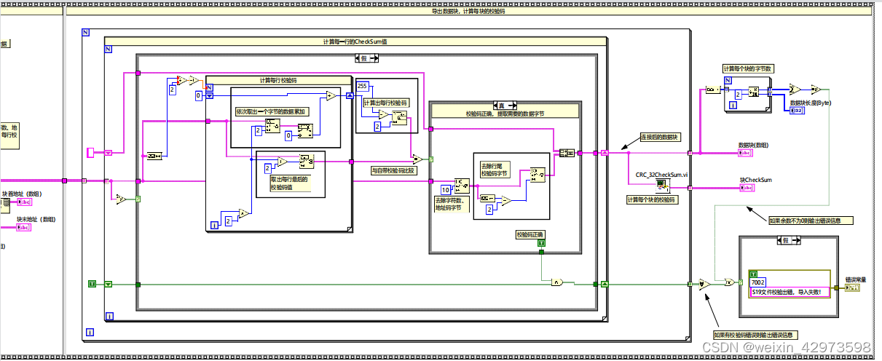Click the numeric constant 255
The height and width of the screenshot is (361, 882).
pos(363,87)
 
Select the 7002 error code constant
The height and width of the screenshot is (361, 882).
pos(758,281)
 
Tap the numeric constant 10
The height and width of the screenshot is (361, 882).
pos(445,190)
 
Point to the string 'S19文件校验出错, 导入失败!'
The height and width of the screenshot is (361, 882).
pos(790,291)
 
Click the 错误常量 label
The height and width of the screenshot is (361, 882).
pos(857,279)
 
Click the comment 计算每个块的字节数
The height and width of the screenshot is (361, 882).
pos(747,68)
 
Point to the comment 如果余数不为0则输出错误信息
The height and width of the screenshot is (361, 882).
pos(810,220)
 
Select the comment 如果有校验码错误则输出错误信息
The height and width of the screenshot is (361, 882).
pos(755,335)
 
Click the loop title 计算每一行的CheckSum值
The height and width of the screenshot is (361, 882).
pos(354,41)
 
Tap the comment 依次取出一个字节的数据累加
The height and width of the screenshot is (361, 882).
pos(272,111)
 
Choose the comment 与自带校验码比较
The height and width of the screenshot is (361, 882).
pos(394,170)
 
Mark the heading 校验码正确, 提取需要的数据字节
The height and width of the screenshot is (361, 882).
pos(504,114)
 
